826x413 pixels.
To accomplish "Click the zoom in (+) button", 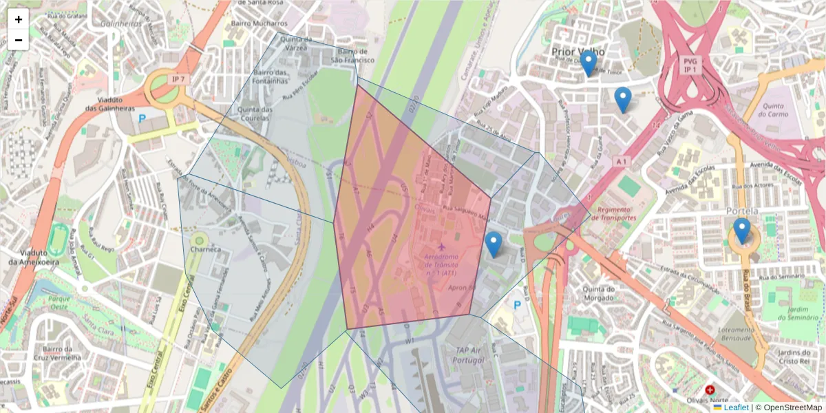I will coord(19,19).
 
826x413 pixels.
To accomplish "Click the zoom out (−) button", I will coord(19,40).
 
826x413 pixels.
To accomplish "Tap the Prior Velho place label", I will coord(578,52).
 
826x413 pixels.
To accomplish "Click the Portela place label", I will coord(741,211).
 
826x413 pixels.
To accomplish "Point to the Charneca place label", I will coord(206,249).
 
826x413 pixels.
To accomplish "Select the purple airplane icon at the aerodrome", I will coord(441,246).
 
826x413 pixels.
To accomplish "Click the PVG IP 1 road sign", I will coord(690,65).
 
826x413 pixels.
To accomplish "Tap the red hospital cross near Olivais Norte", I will coord(710,390).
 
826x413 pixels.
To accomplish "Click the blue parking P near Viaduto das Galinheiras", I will coord(142,118).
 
